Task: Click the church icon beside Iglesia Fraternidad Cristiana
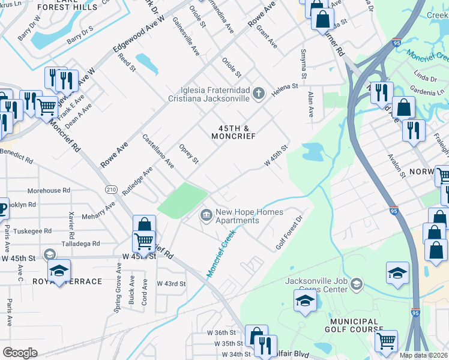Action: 259,93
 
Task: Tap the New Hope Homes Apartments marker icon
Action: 206,214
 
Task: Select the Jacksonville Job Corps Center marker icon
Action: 356,283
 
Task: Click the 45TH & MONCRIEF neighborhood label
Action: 234,132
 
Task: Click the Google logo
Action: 20,352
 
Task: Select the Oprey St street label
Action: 189,154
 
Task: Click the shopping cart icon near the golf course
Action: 386,341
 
